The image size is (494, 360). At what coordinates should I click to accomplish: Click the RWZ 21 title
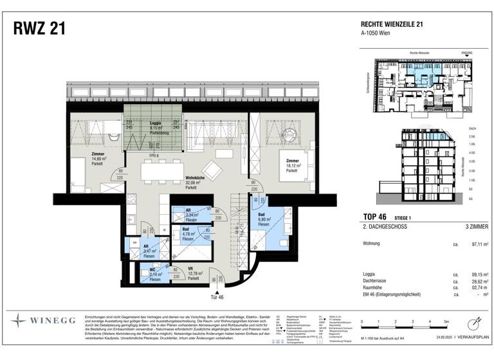pos(39,30)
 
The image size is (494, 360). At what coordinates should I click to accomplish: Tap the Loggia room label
pos(155,125)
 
